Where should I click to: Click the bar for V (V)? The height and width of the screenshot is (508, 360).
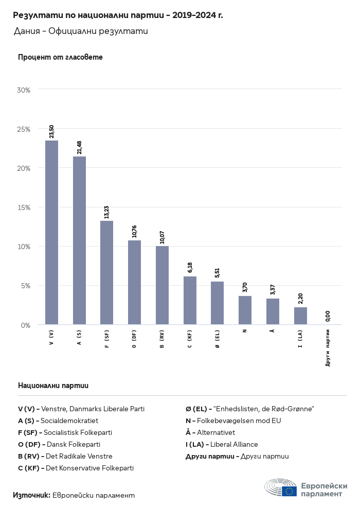(51, 232)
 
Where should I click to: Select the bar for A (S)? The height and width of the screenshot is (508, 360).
(79, 240)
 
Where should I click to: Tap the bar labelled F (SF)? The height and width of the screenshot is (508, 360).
(107, 272)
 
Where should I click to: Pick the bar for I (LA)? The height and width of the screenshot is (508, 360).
(300, 316)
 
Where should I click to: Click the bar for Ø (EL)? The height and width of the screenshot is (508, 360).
(218, 303)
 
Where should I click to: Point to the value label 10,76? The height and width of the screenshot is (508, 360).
(135, 232)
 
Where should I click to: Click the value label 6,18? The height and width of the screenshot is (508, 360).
(190, 267)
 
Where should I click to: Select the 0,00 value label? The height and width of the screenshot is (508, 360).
(328, 316)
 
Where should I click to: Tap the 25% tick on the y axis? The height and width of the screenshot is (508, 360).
(24, 129)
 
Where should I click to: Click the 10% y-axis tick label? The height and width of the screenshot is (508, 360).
(24, 247)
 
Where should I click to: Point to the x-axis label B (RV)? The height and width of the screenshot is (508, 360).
(162, 340)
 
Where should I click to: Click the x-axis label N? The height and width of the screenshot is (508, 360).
(245, 330)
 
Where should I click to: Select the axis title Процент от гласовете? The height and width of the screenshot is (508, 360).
(60, 57)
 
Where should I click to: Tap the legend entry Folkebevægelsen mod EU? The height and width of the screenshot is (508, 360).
(240, 421)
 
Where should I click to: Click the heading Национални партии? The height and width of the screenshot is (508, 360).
(53, 385)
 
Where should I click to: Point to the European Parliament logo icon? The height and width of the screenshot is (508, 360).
(281, 487)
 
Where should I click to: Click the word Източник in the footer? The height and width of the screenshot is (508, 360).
(31, 495)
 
